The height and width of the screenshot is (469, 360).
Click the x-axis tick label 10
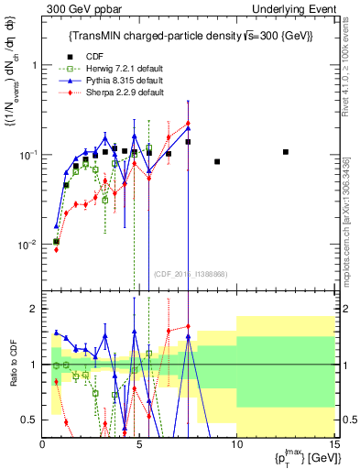[235, 444]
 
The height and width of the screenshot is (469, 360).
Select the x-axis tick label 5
[139, 444]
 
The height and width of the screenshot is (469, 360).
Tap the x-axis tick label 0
[43, 444]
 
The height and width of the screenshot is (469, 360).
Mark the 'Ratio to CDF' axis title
[13, 364]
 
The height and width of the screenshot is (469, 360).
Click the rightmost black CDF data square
[286, 152]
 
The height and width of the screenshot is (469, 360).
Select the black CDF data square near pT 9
[217, 161]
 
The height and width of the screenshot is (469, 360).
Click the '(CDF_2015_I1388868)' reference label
[190, 273]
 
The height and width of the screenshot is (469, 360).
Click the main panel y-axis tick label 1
[34, 65]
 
